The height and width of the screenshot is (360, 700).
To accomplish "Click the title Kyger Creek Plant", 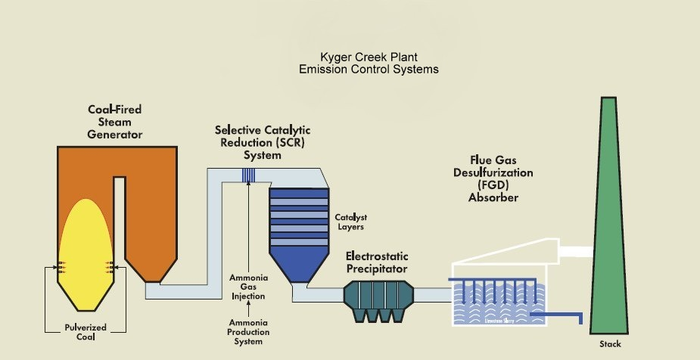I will tap(368, 58).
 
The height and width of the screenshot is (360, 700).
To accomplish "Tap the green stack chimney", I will tap(611, 227).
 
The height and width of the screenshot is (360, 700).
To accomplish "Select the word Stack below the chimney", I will tap(610, 344).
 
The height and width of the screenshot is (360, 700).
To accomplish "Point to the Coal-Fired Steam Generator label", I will tap(114, 122).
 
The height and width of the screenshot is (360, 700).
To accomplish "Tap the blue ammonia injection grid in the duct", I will tap(249, 175).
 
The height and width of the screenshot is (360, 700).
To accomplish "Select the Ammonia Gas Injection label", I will tap(248, 287).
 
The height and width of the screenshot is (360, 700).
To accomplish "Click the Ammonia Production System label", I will tap(248, 333).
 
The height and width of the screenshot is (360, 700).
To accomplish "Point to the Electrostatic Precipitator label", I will tap(377, 262).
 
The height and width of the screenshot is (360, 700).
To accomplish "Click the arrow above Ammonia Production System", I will tap(248, 309).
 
